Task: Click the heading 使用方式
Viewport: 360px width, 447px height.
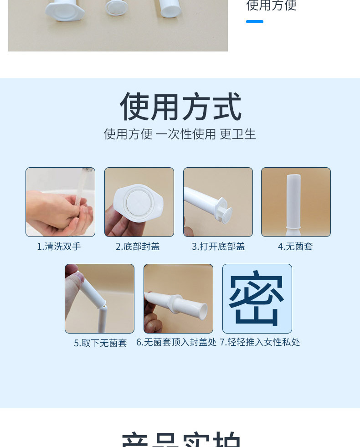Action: [x=180, y=107]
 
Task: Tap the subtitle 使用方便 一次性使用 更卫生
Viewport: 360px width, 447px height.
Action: [x=180, y=134]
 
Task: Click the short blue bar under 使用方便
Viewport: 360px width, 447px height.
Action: [x=254, y=21]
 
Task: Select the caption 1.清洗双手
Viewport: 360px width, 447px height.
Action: [x=59, y=247]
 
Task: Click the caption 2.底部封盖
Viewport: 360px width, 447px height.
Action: [x=138, y=247]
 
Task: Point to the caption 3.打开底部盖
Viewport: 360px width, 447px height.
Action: [x=218, y=247]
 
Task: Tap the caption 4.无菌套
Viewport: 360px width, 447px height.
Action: [x=295, y=247]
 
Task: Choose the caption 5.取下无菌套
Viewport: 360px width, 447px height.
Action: [x=100, y=343]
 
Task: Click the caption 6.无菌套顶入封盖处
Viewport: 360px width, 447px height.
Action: [x=176, y=342]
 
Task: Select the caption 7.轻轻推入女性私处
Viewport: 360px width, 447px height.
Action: [x=260, y=342]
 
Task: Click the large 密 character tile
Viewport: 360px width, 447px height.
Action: [x=257, y=298]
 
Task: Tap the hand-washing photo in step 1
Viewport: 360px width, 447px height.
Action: [x=60, y=202]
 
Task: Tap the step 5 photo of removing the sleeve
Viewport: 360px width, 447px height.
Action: [x=99, y=298]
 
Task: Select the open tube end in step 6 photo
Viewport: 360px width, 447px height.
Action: [x=202, y=312]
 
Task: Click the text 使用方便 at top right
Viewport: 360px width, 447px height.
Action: [x=271, y=5]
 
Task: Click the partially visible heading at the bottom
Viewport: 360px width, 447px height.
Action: [x=180, y=440]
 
